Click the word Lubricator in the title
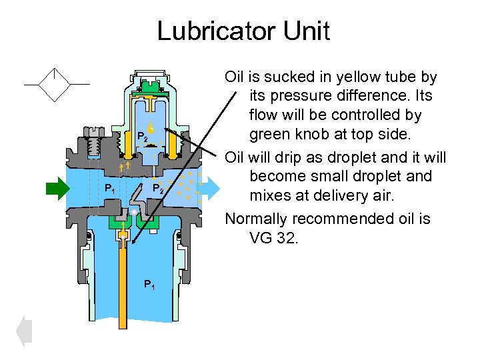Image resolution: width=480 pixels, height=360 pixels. [208, 31]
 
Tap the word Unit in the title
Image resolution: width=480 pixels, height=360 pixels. [305, 31]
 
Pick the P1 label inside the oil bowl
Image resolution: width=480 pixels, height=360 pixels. [150, 285]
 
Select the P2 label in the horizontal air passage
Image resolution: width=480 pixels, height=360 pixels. [157, 189]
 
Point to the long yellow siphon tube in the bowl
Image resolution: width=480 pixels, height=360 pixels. [123, 287]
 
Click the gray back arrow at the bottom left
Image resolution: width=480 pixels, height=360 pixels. [23, 331]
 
